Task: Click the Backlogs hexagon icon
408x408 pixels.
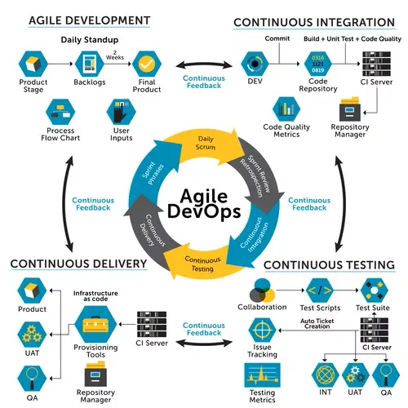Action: (x=90, y=64)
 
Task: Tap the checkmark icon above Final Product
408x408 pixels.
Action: (x=147, y=64)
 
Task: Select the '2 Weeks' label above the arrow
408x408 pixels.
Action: (x=115, y=55)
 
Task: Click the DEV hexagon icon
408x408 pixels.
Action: (x=255, y=64)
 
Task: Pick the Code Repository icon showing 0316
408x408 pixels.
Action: (x=318, y=64)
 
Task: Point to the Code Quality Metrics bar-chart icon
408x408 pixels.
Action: (x=286, y=109)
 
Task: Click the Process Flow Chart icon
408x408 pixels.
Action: (x=60, y=112)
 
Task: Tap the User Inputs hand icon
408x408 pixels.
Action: (x=121, y=112)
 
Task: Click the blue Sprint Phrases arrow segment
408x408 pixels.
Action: (x=151, y=174)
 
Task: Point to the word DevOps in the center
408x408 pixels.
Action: (x=204, y=211)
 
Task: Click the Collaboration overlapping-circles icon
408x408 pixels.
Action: (x=262, y=290)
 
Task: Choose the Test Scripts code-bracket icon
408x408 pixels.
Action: (x=320, y=290)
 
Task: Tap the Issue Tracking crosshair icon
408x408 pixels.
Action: (x=262, y=330)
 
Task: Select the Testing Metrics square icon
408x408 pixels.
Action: (x=262, y=375)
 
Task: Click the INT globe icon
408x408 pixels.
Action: (x=326, y=375)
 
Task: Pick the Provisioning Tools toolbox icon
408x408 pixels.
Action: (x=95, y=324)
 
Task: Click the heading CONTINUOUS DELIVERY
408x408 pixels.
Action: (x=78, y=264)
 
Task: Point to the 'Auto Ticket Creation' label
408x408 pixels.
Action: (x=317, y=324)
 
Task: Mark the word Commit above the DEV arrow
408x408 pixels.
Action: (x=277, y=38)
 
